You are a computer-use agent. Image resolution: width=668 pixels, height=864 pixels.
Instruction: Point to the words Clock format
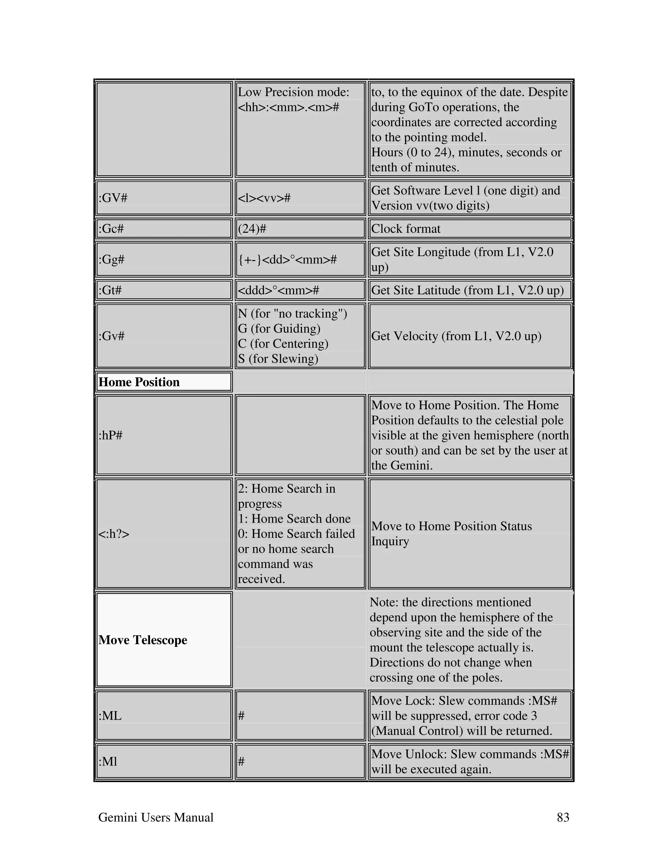[406, 229]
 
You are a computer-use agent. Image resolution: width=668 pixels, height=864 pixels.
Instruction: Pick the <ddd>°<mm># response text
[278, 290]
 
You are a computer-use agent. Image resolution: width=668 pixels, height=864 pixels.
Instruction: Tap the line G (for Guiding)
[279, 328]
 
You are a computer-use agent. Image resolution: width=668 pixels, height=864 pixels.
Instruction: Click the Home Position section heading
[139, 382]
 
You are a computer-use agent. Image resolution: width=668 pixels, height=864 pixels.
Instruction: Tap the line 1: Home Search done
[294, 518]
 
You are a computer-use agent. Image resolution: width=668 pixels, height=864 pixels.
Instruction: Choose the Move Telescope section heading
[143, 640]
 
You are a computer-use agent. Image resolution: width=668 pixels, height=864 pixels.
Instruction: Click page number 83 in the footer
[563, 817]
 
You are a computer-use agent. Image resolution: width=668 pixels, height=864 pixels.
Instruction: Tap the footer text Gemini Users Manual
[156, 817]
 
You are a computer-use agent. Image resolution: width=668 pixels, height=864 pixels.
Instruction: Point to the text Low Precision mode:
[293, 92]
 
